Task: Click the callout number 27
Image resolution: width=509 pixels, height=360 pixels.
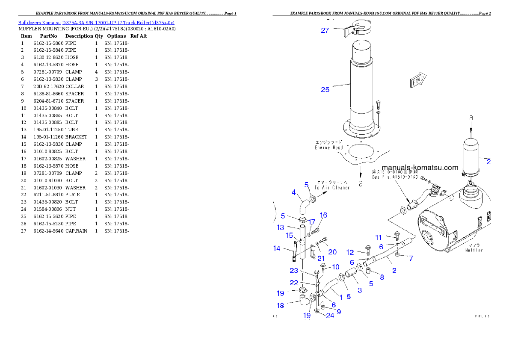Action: pos(325,30)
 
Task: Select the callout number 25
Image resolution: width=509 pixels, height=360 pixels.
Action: pos(325,89)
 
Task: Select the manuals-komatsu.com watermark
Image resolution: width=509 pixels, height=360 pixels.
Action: pos(420,168)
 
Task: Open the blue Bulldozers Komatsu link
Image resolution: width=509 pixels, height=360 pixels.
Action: pos(96,22)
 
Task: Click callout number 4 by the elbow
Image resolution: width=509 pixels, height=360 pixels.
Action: pos(294,192)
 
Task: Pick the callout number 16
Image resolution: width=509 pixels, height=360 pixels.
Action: pos(323,215)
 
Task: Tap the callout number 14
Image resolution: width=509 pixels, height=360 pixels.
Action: pos(277,248)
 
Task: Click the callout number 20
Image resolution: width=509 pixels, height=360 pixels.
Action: pos(332,252)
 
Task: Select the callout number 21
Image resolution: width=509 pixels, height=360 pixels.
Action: pos(321,258)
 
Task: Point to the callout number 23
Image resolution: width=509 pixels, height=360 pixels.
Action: pos(294,270)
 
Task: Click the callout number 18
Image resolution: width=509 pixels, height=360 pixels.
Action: pos(280,306)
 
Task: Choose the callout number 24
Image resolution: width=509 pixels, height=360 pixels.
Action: pos(330,316)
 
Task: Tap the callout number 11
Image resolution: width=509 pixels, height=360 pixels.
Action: pos(379,237)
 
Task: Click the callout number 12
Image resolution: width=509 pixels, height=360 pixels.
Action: pos(350,252)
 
